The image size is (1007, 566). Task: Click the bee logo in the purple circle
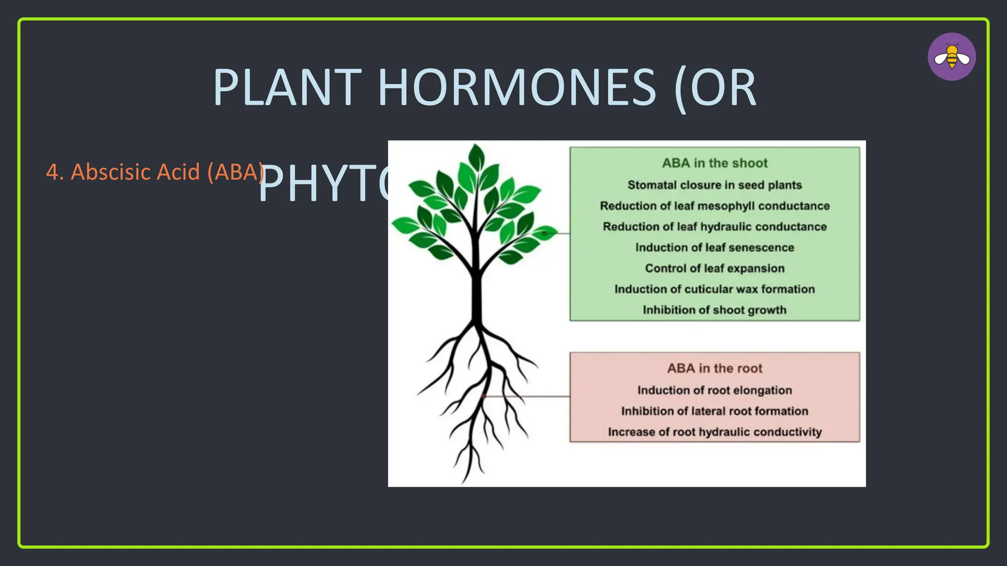[x=951, y=57]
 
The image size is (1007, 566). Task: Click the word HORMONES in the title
[x=516, y=88]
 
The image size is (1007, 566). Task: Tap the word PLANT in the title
[x=287, y=88]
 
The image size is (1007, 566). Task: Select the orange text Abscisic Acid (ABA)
[x=155, y=172]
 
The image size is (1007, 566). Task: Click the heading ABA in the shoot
[x=714, y=163]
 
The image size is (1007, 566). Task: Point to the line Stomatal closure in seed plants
[x=714, y=185]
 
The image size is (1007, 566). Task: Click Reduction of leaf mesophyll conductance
[x=714, y=206]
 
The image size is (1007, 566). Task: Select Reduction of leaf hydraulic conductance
[x=714, y=226]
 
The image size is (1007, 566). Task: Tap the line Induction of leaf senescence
[x=714, y=248]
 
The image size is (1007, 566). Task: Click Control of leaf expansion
[x=714, y=268]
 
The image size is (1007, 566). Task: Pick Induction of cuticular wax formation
[x=714, y=289]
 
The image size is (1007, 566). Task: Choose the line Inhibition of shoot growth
[x=714, y=310]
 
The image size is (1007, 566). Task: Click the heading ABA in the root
[x=714, y=368]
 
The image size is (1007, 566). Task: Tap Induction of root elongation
[x=714, y=390]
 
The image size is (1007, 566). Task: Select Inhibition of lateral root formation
[x=714, y=411]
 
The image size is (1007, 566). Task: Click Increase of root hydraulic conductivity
[x=714, y=432]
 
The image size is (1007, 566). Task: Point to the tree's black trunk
[x=476, y=295]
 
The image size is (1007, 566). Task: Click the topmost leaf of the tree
[x=476, y=157]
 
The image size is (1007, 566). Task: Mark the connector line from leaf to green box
[x=561, y=233]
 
